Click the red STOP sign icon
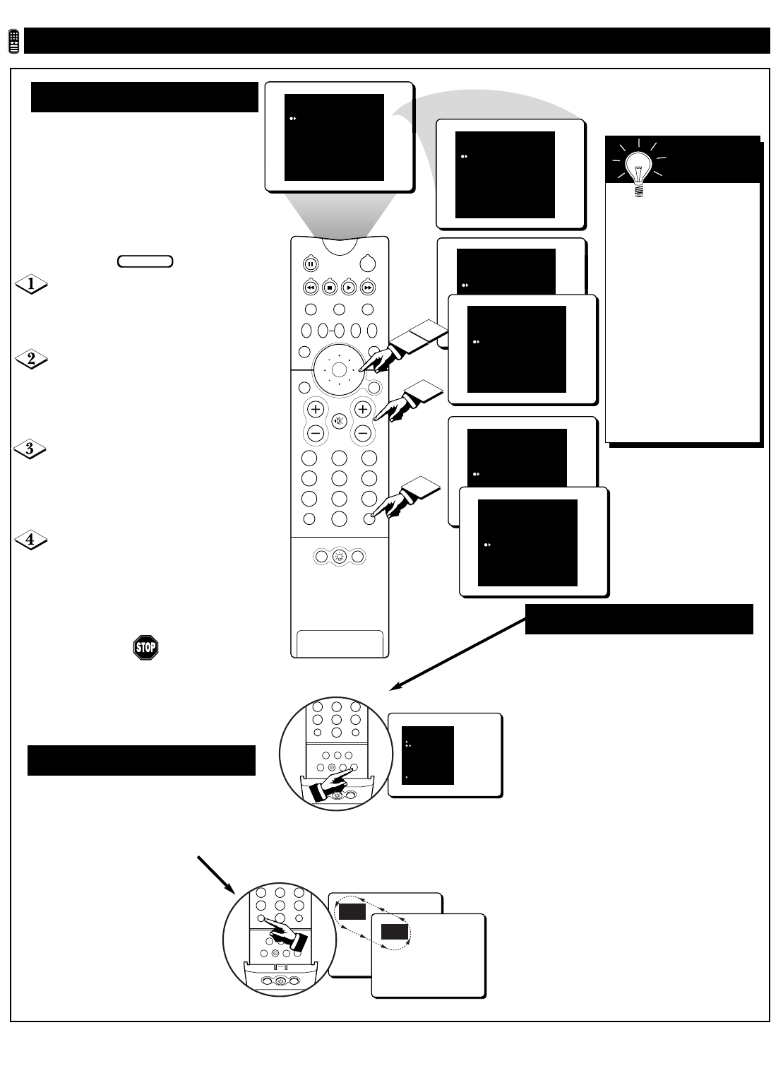145,648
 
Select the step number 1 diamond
31,285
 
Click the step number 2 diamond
31,359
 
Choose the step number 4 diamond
31,540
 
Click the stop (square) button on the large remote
329,288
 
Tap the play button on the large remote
349,288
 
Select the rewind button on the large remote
310,288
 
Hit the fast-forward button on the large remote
368,288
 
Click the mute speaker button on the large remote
339,421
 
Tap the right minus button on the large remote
363,433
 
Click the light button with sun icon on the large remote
339,557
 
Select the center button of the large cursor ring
338,369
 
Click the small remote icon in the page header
13,42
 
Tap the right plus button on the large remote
363,409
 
